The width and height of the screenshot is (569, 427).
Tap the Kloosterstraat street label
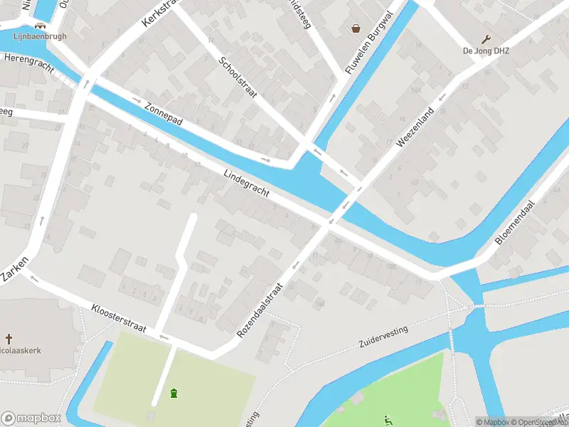coord(119,318)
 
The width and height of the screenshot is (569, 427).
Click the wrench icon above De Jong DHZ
coord(486,39)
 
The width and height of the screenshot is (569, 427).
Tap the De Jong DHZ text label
coord(486,51)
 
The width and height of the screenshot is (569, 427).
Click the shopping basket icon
coord(355,28)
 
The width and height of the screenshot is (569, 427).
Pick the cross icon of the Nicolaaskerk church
coord(9,339)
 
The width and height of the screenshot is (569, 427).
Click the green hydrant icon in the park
coord(174,392)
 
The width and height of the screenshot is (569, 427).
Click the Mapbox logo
coord(31,418)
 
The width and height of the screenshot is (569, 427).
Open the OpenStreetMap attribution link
coord(538,422)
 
